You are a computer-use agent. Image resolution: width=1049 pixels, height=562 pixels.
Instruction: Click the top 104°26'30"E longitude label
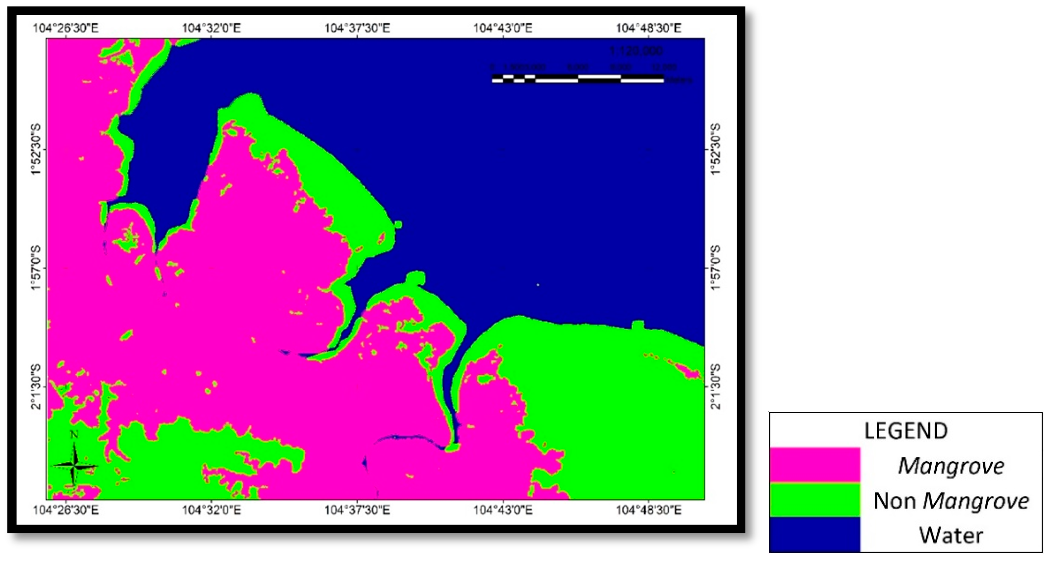coord(65,28)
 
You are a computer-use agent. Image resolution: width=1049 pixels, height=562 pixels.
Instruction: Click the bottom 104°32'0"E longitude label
coord(211,510)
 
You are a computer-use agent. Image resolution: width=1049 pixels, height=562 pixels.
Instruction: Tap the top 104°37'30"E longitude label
coord(357,28)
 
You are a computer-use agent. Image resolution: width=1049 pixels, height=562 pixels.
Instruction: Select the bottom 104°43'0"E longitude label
coord(502,510)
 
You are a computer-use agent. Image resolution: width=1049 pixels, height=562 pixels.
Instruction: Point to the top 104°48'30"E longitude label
coord(648,28)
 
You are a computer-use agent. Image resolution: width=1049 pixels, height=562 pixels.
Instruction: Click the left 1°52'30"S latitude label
coord(36,150)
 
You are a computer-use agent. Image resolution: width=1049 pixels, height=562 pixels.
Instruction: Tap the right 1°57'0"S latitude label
coord(715,268)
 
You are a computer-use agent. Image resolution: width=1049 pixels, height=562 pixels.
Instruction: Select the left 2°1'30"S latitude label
coord(36,387)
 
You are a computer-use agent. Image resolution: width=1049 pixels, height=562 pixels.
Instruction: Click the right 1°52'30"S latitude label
coord(715,150)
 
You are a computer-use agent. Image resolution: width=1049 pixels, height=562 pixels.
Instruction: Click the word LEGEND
coord(906,431)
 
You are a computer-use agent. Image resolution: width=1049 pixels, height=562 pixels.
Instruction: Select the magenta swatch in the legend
coord(814,465)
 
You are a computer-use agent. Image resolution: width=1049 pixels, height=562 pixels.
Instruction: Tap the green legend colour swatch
coord(814,500)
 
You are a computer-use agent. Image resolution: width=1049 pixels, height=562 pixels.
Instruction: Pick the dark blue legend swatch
coord(814,534)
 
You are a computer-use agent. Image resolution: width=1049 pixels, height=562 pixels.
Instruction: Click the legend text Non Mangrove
coord(951,500)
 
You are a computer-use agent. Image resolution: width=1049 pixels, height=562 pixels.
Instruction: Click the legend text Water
coord(951,535)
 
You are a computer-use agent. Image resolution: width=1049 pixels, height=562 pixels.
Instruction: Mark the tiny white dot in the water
coord(538,285)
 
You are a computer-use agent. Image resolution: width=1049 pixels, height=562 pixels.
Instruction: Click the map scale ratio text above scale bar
coord(636,51)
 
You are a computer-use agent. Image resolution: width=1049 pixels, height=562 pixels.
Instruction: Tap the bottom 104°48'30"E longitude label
coord(648,510)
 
